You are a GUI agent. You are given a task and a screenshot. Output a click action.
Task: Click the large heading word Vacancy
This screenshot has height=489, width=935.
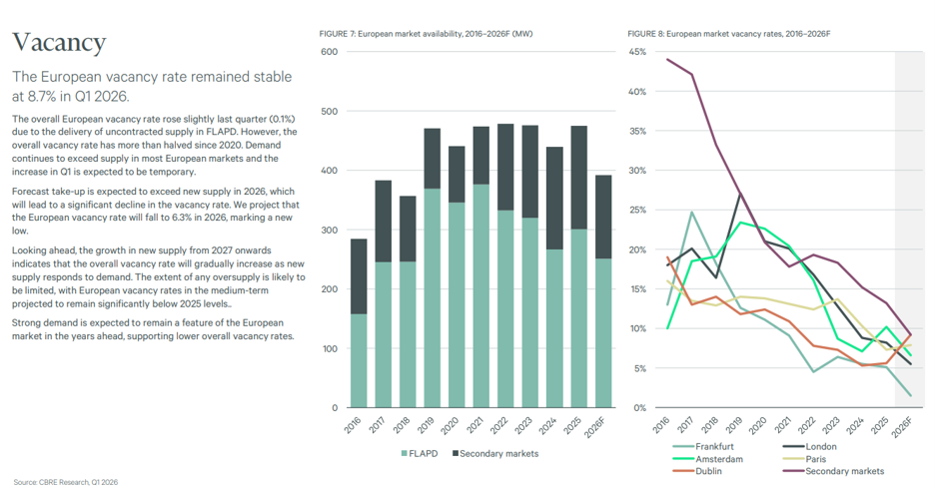[59, 42]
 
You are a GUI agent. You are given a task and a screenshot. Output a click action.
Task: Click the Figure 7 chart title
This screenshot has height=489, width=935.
[426, 34]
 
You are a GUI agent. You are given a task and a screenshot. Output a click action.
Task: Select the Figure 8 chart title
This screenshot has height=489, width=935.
[728, 34]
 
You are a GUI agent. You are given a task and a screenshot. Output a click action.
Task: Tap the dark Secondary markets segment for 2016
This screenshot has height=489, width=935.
[359, 276]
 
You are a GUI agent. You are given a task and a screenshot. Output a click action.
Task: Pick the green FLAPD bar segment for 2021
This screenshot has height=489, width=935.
[481, 296]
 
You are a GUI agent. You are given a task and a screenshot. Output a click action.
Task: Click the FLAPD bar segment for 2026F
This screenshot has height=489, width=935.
[603, 333]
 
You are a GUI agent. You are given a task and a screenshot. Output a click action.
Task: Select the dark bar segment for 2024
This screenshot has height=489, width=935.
[554, 198]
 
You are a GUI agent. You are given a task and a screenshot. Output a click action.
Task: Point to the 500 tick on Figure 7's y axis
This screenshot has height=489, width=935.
[330, 112]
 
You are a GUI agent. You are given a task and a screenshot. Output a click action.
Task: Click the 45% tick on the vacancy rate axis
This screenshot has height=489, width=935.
[637, 52]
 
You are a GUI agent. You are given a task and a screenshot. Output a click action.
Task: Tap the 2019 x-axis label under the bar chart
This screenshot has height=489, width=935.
[426, 425]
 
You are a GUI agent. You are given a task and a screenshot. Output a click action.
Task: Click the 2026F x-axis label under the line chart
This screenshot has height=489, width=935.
[902, 427]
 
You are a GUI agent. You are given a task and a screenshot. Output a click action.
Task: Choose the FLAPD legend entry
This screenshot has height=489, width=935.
[420, 454]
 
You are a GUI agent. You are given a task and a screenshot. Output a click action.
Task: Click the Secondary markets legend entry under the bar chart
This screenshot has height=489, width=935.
[495, 454]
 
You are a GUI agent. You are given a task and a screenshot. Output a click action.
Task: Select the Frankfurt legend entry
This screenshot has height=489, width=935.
[703, 446]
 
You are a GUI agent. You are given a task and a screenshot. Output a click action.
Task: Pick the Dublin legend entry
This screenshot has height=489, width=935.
[697, 471]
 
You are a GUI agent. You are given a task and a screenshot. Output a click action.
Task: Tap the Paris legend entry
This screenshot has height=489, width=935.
[804, 459]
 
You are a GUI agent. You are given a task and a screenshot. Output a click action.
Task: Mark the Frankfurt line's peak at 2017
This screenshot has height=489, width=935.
[691, 212]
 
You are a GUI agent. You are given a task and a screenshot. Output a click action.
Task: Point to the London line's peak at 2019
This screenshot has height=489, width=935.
[740, 195]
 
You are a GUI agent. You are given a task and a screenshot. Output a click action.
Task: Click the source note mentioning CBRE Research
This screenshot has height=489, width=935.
[66, 482]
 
